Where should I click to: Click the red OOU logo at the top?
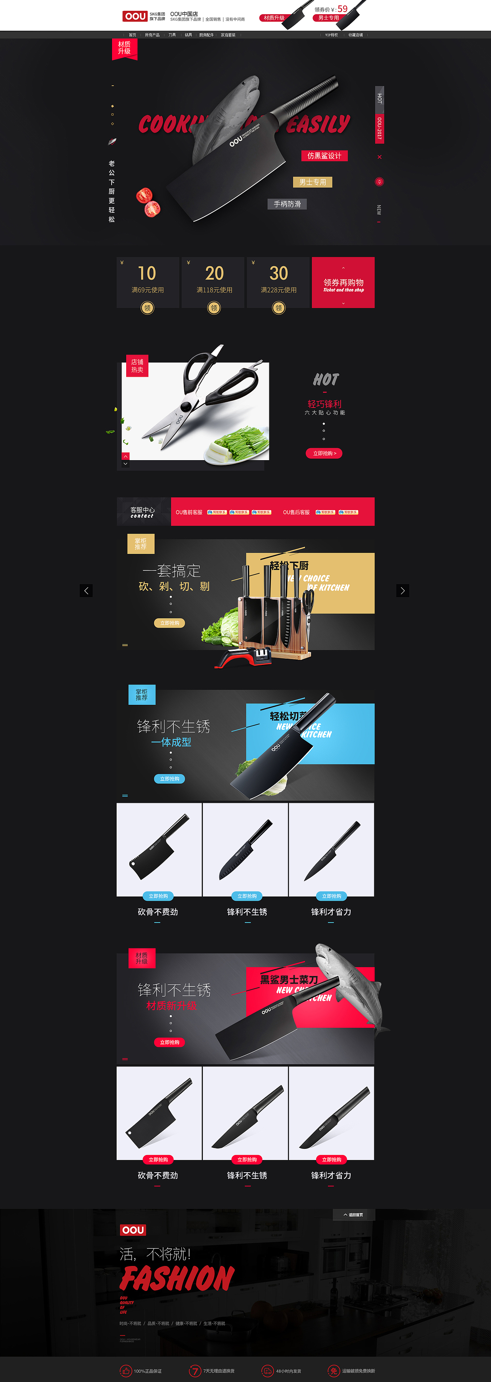(x=135, y=17)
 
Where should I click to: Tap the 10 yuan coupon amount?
(x=147, y=273)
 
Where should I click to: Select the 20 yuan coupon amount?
(x=214, y=273)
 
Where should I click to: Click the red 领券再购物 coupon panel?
(x=343, y=283)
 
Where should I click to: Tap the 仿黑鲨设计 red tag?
(x=324, y=156)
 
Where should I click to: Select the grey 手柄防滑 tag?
(x=287, y=204)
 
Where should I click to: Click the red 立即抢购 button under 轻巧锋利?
(x=324, y=453)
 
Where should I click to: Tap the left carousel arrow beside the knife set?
(x=86, y=591)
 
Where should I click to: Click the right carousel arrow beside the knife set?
(x=402, y=591)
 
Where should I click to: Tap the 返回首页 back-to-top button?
(x=353, y=1215)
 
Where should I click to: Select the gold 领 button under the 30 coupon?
(x=279, y=308)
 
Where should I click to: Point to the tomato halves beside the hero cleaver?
(x=148, y=202)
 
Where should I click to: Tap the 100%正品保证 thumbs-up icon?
(x=125, y=1371)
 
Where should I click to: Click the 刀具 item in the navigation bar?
(x=172, y=35)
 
